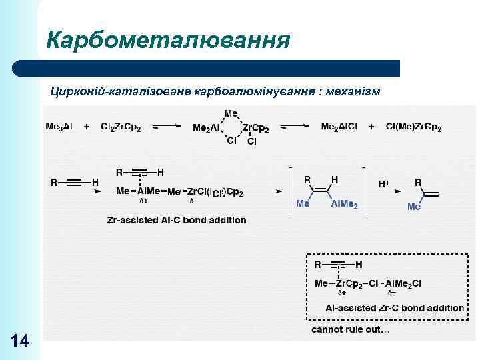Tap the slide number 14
21,341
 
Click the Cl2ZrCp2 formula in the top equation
121,127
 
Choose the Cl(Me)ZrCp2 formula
413,127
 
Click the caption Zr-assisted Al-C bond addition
176,220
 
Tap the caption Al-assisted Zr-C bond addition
395,308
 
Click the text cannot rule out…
351,329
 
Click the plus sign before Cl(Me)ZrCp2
371,127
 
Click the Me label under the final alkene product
414,207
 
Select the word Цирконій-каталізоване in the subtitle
120,91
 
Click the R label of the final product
418,182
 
